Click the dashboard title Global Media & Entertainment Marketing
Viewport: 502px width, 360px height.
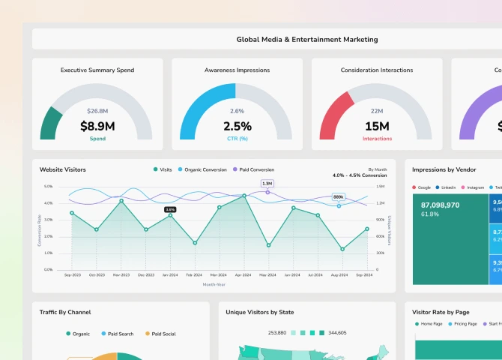(x=307, y=40)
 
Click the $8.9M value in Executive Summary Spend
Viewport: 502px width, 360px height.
(x=97, y=127)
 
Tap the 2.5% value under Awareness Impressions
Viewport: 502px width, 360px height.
(x=237, y=127)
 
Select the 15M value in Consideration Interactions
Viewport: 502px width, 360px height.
(x=377, y=127)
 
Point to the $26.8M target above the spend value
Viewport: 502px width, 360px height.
(x=97, y=112)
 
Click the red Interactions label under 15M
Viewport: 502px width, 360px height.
(x=377, y=139)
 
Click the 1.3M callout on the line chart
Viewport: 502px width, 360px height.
(x=267, y=183)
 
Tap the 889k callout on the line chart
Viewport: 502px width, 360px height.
(x=338, y=197)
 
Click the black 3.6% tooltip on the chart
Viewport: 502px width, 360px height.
(x=170, y=209)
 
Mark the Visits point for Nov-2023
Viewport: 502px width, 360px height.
(x=121, y=200)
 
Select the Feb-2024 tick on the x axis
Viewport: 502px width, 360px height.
(x=194, y=275)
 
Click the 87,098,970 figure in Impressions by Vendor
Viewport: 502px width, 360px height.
(x=440, y=205)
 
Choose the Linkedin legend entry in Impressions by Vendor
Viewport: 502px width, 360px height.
(x=447, y=187)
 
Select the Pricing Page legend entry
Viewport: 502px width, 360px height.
(x=465, y=324)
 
